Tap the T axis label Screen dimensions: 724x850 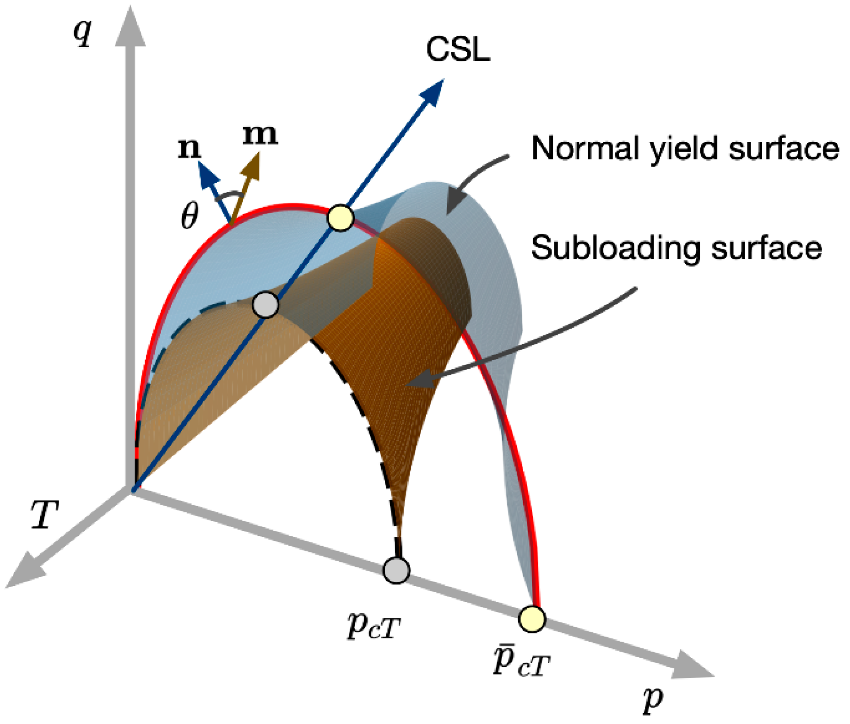pyautogui.click(x=45, y=514)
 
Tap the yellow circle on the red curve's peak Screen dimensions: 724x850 pyautogui.click(x=341, y=218)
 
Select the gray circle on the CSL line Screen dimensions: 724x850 pyautogui.click(x=265, y=305)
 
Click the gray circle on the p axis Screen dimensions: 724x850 pyautogui.click(x=396, y=570)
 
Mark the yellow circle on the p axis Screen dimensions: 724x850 pyautogui.click(x=532, y=619)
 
